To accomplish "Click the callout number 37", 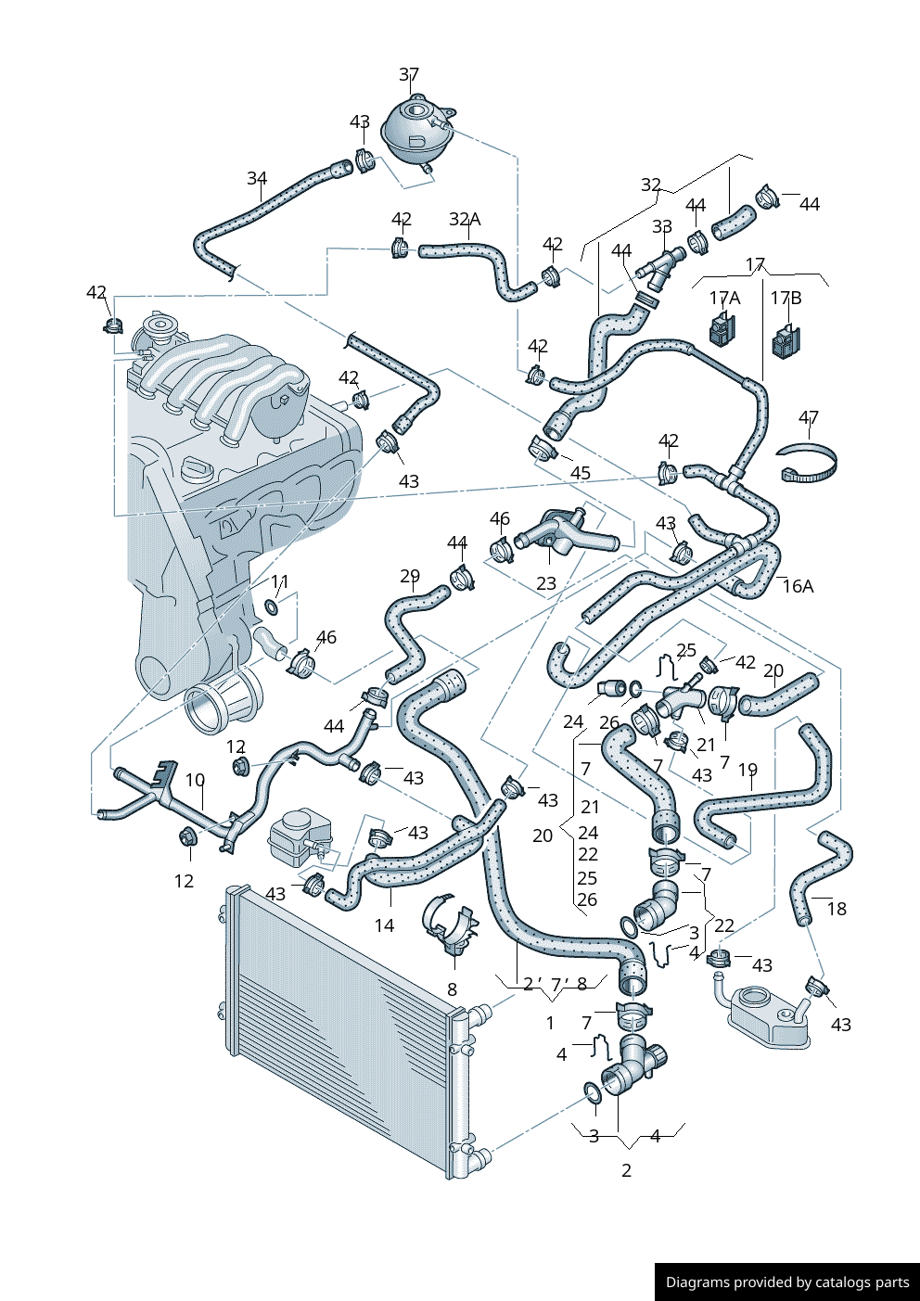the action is point(409,74).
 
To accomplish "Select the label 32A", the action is point(465,219).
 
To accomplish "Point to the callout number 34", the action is point(257,178).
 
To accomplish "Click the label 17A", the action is point(724,298).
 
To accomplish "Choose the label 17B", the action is point(786,298).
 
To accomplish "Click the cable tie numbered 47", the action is point(808,463).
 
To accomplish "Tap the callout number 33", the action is point(661,226).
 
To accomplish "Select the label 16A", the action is point(798,587).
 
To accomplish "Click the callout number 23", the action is point(546,582).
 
